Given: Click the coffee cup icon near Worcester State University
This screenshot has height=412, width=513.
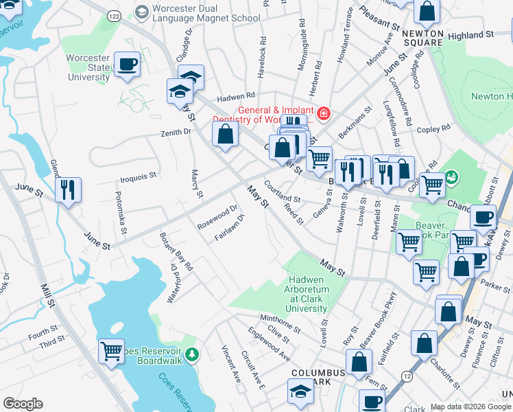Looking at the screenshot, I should point(128,65).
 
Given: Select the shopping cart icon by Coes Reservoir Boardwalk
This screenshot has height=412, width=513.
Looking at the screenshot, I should point(111,352).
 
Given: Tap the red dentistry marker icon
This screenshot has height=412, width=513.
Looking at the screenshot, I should point(322,112).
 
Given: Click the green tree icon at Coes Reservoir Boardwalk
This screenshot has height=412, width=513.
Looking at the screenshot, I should point(193,354).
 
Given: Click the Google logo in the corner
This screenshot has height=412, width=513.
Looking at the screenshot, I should point(23,404).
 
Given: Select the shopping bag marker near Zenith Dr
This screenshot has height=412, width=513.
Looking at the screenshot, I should point(225,134).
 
